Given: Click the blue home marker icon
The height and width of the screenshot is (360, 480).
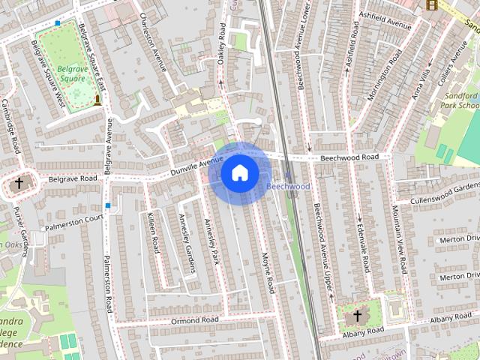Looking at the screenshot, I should (x=238, y=173).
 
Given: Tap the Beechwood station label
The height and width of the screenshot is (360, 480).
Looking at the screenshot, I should (x=288, y=185).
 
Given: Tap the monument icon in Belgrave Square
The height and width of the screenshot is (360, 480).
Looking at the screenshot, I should (x=97, y=100).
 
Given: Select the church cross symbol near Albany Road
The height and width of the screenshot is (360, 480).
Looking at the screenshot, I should (x=357, y=315).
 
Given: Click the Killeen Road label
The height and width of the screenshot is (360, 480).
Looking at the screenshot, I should (x=154, y=232).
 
